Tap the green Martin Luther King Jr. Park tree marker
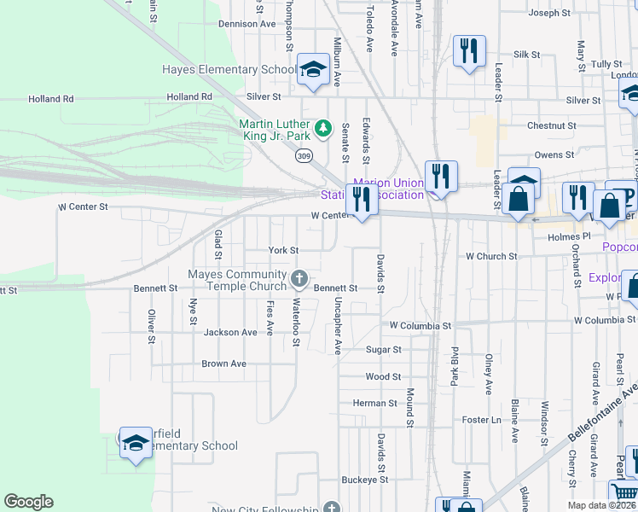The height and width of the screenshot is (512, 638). pyautogui.click(x=322, y=129)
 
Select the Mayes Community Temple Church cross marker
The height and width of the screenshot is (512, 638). pyautogui.click(x=299, y=277)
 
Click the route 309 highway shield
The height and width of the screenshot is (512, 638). pyautogui.click(x=304, y=155)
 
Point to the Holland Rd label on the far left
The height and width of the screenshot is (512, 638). pyautogui.click(x=50, y=99)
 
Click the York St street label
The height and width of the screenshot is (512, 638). pyautogui.click(x=283, y=251)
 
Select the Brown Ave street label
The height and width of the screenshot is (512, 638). pyautogui.click(x=223, y=364)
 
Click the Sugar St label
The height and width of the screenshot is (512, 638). pyautogui.click(x=383, y=350)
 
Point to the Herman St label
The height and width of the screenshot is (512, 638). pyautogui.click(x=375, y=403)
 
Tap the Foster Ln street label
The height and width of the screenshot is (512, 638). pyautogui.click(x=481, y=420)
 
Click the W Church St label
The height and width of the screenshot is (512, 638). pyautogui.click(x=491, y=256)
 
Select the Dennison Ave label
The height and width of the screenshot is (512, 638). pyautogui.click(x=246, y=24)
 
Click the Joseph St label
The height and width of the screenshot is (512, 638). pyautogui.click(x=549, y=13)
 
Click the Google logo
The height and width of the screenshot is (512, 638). pyautogui.click(x=28, y=502)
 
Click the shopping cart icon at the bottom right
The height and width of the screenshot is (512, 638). pyautogui.click(x=623, y=492)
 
